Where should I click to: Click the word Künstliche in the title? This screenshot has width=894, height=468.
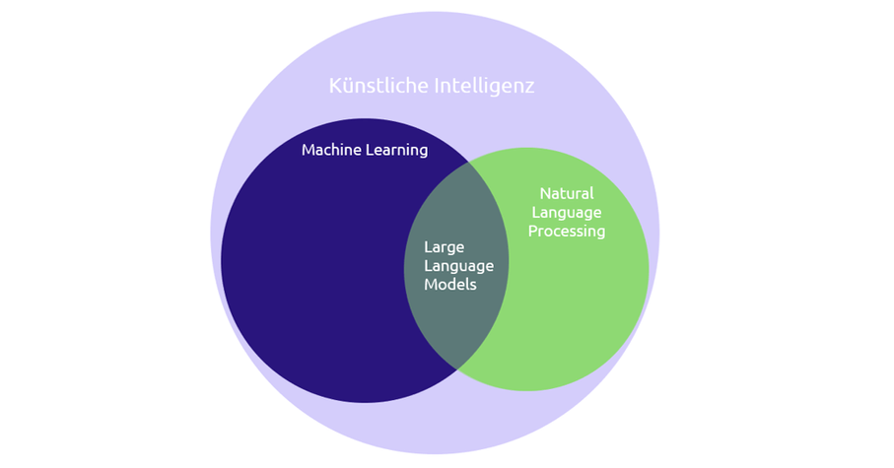click(378, 86)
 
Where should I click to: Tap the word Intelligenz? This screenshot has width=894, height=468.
click(484, 86)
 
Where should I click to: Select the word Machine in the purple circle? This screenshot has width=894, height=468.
click(330, 151)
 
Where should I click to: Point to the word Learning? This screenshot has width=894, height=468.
click(396, 151)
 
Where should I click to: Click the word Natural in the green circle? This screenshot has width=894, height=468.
click(567, 193)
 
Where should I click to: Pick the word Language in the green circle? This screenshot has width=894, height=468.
click(567, 212)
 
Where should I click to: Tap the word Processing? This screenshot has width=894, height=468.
click(567, 232)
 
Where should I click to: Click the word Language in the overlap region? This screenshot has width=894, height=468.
click(458, 265)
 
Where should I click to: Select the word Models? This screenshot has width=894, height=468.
click(450, 284)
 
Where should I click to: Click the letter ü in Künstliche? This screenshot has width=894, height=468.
click(346, 87)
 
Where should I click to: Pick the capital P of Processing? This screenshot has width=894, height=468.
click(533, 232)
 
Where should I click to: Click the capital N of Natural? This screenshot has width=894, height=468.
click(545, 193)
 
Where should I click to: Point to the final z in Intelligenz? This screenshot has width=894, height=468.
click(529, 87)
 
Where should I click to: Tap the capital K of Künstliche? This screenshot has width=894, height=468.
click(334, 86)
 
